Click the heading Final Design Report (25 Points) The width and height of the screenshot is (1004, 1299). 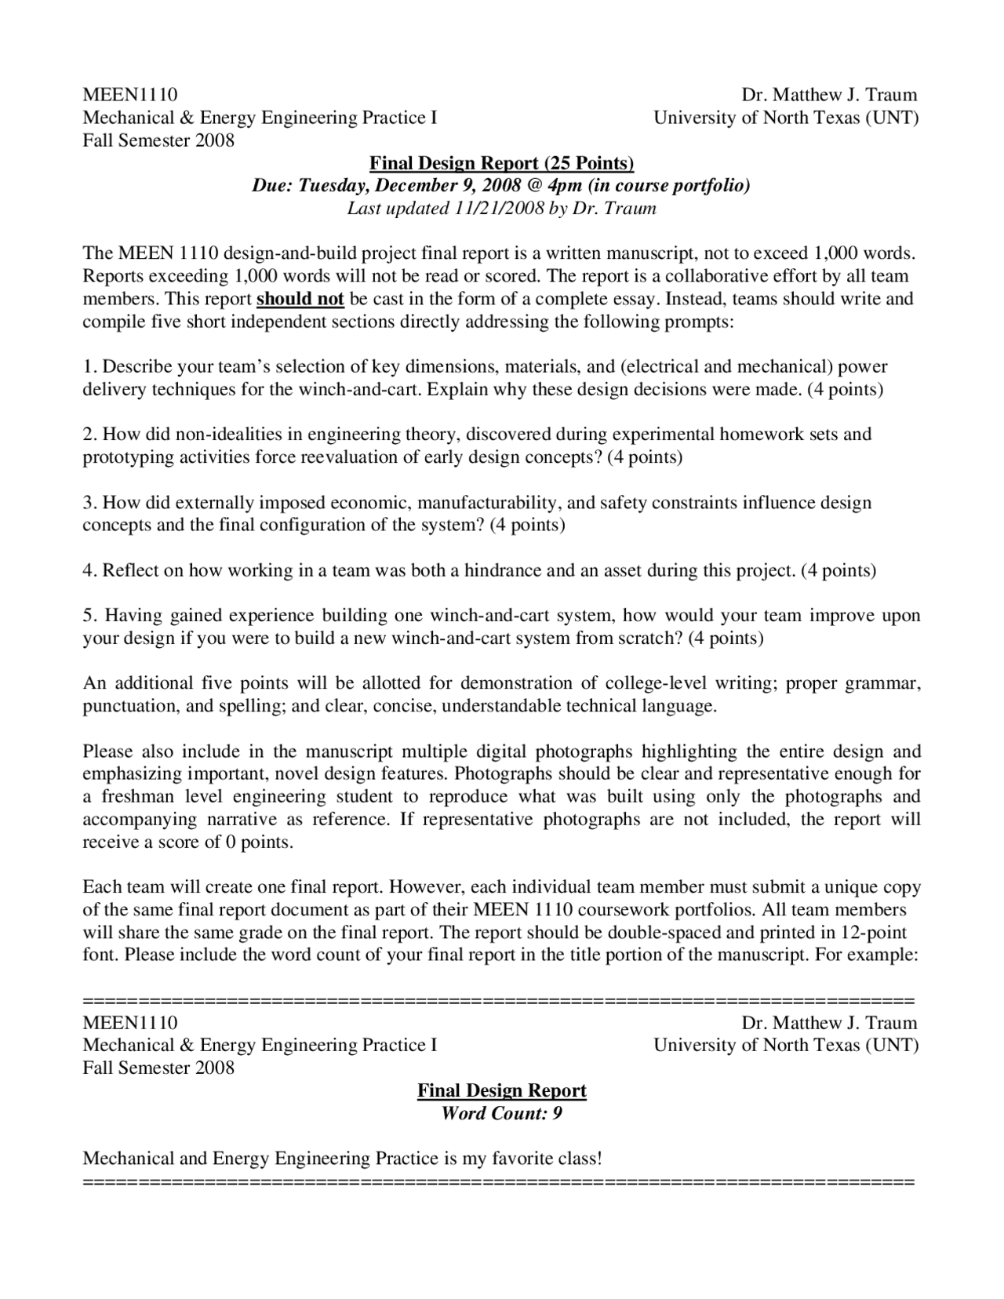[501, 163]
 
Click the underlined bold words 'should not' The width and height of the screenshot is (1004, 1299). [300, 299]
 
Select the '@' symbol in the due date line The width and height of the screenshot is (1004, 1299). [533, 186]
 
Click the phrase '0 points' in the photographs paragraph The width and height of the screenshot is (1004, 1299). [257, 842]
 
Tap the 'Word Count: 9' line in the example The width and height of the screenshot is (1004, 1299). [501, 1113]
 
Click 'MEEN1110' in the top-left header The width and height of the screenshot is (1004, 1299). [130, 95]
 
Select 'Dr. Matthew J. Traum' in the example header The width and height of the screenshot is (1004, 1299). [829, 1023]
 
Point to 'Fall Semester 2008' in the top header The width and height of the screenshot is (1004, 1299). [158, 140]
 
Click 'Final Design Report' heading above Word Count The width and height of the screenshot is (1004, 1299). [501, 1090]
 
